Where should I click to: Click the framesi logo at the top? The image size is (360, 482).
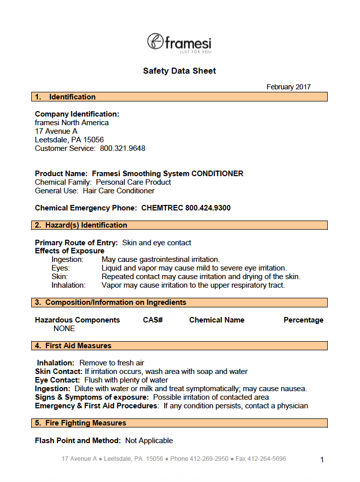(x=179, y=42)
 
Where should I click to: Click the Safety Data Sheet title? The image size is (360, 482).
(x=179, y=71)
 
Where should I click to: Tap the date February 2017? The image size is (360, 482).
(x=288, y=87)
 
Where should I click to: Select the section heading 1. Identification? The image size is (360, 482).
(x=65, y=97)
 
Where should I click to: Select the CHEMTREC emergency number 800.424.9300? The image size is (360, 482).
(x=208, y=208)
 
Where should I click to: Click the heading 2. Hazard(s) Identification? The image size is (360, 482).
(x=81, y=225)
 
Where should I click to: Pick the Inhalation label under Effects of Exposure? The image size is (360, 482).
(x=69, y=285)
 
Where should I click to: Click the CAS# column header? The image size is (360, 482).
(x=152, y=320)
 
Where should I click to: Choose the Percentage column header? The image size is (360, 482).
(x=303, y=320)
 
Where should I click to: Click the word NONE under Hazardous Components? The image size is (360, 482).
(x=64, y=329)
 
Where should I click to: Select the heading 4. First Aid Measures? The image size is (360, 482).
(x=73, y=346)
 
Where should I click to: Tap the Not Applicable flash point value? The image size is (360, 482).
(x=149, y=441)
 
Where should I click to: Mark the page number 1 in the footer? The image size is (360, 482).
(x=322, y=460)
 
